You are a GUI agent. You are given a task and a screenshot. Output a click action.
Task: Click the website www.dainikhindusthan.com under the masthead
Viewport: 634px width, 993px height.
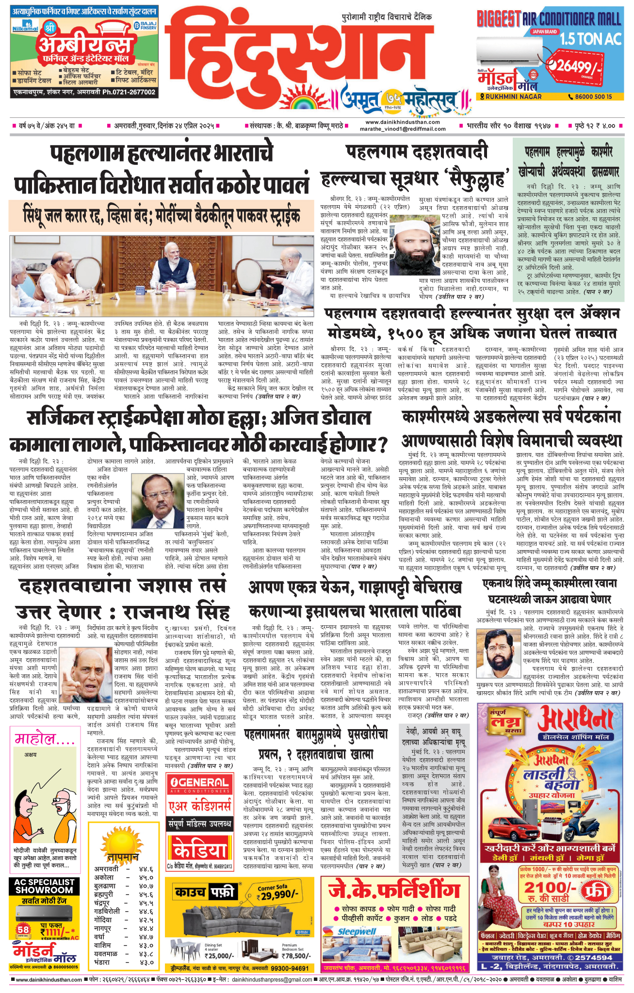point(403,122)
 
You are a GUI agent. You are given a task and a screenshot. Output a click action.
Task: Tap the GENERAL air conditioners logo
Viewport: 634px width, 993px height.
point(200,782)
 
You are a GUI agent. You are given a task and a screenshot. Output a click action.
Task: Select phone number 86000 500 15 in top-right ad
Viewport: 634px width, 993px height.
point(594,97)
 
